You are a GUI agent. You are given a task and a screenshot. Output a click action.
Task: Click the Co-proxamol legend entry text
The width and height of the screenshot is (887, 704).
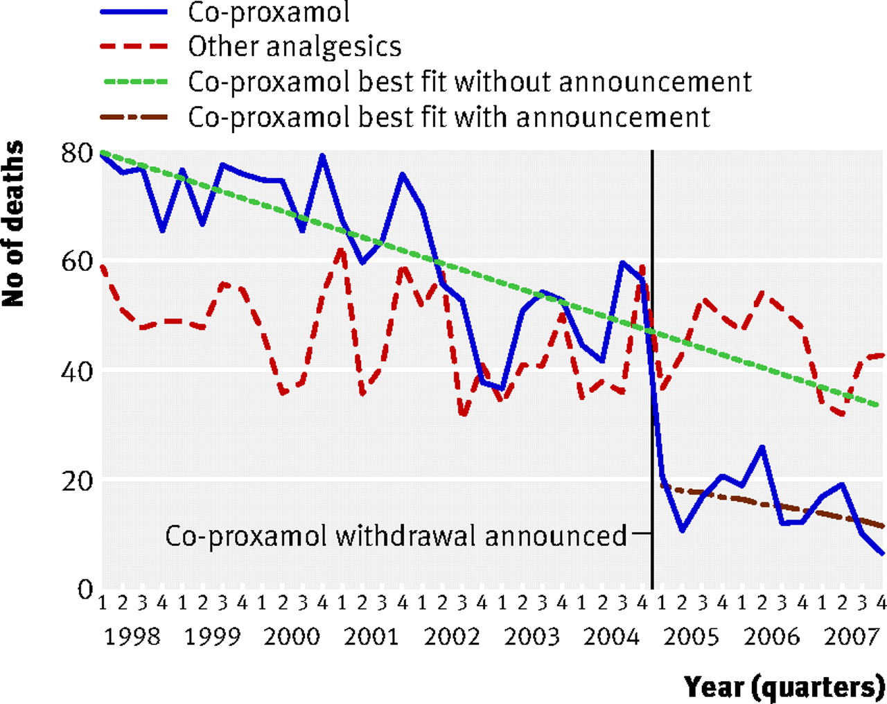coord(268,12)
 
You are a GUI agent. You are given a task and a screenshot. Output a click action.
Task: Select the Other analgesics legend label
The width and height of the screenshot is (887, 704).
coord(295,47)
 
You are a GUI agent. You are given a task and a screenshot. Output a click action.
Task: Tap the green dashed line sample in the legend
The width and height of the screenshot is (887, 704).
coord(134,82)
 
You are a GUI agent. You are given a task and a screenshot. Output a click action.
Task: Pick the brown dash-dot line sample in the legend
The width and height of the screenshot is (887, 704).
coord(134,118)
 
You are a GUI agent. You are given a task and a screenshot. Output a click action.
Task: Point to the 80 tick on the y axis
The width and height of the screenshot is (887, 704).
coord(76,154)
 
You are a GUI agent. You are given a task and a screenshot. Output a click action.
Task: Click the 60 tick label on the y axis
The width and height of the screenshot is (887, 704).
coord(76,262)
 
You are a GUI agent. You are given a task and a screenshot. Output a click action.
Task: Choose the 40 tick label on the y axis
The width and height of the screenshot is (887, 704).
coord(76,373)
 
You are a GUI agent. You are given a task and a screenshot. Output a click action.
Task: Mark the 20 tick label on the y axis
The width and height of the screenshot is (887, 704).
coord(76,481)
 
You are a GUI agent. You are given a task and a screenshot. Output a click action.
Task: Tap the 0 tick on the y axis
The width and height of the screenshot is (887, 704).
coord(84,590)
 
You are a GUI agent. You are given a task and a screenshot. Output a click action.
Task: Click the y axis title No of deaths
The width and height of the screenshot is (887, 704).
coord(12,224)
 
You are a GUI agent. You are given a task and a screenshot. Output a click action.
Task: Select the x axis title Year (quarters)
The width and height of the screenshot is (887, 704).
coord(784,687)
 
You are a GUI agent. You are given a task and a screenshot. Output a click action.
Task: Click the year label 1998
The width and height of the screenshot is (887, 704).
coord(132,637)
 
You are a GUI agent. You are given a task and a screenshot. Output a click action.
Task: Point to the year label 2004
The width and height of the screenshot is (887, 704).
coord(612,637)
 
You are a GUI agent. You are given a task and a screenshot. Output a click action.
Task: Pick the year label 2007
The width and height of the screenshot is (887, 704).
coord(852,637)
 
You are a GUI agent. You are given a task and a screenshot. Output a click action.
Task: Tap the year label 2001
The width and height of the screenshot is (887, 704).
coord(371,637)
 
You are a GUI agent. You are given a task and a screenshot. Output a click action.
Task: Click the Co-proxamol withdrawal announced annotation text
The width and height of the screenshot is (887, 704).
coord(396,536)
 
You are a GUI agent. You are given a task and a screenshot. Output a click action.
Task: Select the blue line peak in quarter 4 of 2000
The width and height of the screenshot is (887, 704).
coord(322,155)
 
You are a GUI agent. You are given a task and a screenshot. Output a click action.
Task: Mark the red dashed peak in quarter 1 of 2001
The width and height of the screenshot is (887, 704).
coord(342,249)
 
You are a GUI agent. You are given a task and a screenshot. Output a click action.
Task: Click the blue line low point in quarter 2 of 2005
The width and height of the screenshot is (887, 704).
coord(682,530)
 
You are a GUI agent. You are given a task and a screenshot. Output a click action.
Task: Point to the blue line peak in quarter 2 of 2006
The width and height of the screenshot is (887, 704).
coord(762,447)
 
